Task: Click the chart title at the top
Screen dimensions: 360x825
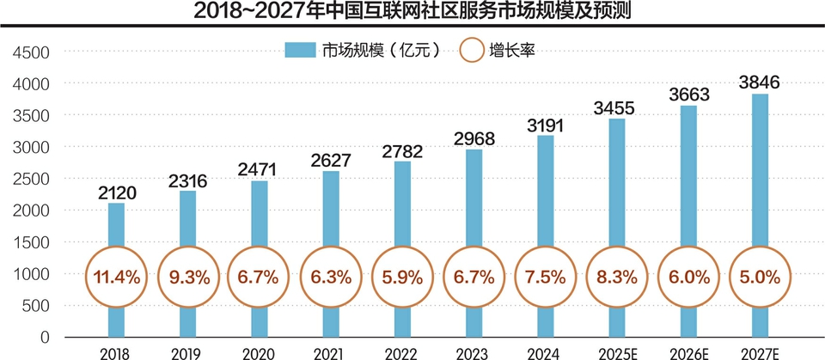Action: [x=412, y=12]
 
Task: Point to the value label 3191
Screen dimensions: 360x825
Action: [x=545, y=126]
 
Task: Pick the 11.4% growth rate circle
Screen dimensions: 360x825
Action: [x=116, y=278]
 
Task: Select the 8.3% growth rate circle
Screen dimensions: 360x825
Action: [x=616, y=278]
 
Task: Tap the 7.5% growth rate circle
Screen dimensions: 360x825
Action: [x=545, y=278]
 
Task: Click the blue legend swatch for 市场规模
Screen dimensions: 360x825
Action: [x=301, y=51]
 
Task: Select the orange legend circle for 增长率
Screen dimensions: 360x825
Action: [x=471, y=51]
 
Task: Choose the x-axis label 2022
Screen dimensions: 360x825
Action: [x=402, y=351]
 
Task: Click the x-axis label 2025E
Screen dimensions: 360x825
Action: [x=616, y=351]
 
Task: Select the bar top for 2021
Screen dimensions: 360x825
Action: [x=330, y=173]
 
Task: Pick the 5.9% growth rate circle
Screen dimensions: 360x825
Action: [x=402, y=278]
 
